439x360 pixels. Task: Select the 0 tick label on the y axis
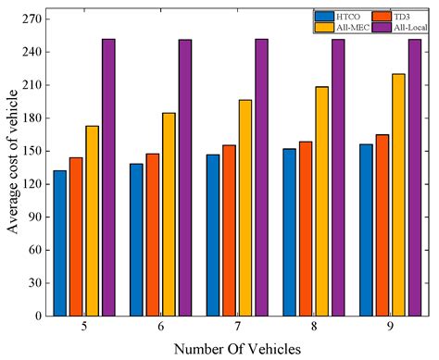click(x=36, y=316)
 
